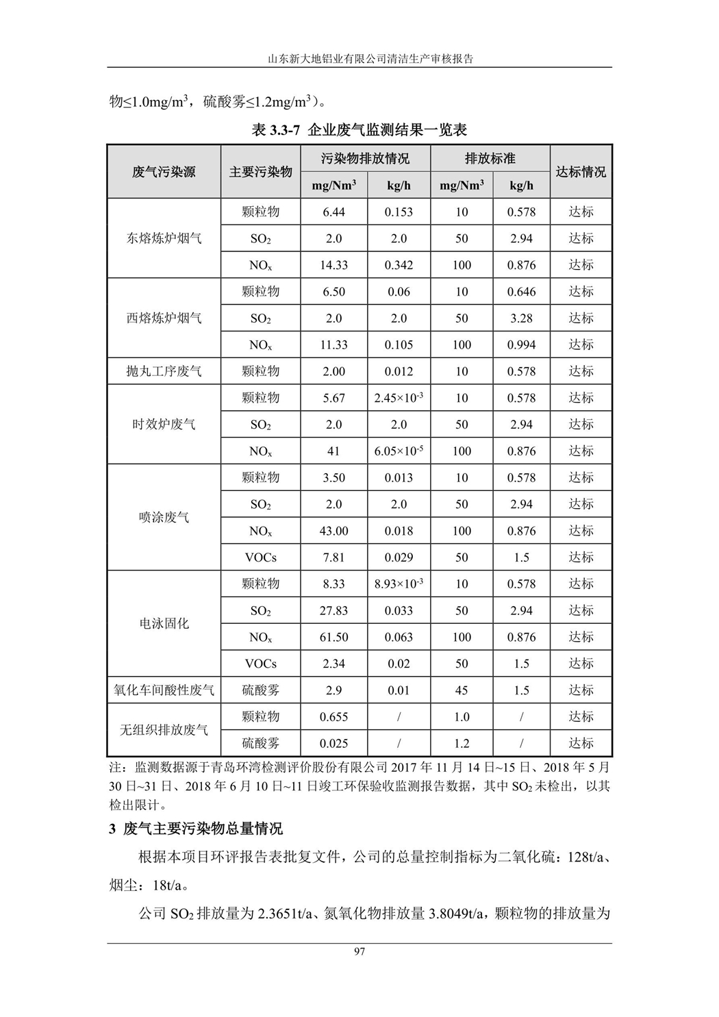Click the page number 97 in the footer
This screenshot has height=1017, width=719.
tap(359, 951)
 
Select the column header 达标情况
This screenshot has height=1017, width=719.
tap(581, 172)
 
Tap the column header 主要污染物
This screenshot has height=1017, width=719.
tap(260, 172)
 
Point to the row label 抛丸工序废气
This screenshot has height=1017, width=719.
tap(164, 371)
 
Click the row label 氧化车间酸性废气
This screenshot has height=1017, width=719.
tap(164, 690)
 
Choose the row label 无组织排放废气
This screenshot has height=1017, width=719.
tap(164, 730)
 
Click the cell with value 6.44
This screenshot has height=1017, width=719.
tap(333, 212)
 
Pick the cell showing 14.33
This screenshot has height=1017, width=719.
tap(333, 265)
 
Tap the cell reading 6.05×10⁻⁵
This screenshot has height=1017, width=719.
tap(399, 451)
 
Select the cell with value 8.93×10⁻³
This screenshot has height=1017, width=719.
tap(399, 583)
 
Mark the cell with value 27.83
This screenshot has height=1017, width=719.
tap(333, 610)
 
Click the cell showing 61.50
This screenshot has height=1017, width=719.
tap(333, 637)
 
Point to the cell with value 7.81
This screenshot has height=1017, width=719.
tap(333, 557)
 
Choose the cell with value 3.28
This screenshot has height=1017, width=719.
tap(521, 318)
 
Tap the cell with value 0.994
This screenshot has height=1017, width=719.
tap(521, 344)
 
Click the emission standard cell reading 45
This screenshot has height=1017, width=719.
tap(462, 690)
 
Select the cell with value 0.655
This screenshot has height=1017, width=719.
tap(333, 717)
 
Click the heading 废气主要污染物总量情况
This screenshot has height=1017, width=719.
tap(203, 829)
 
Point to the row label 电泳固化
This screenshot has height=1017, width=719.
tap(164, 624)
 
